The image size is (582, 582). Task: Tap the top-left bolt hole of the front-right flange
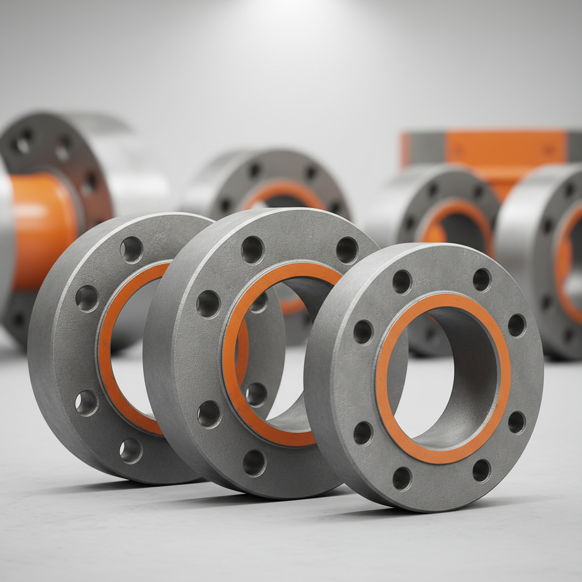click(402, 281)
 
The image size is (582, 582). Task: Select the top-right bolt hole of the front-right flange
click(481, 280)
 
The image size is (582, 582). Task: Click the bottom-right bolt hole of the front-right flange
click(481, 470)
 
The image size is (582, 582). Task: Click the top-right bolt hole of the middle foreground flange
click(347, 250)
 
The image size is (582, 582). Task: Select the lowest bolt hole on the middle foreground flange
click(254, 463)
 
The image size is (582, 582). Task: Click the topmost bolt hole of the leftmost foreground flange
click(131, 249)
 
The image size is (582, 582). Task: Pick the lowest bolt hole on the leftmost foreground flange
click(131, 450)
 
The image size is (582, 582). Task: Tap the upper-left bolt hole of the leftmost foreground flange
click(87, 298)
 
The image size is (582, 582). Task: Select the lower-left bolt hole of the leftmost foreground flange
click(86, 402)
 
